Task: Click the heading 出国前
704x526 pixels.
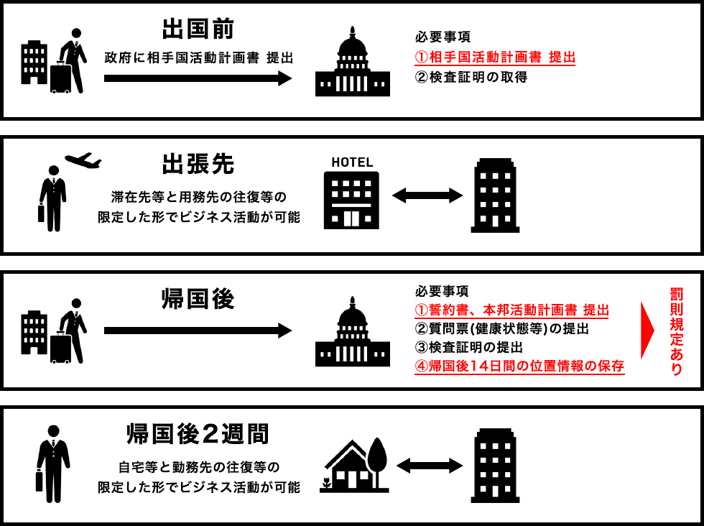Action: [198, 29]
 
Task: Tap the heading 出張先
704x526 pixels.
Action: [198, 164]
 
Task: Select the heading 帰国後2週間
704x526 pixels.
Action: [198, 434]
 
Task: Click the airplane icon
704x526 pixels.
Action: [83, 160]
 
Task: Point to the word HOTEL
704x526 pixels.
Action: [352, 162]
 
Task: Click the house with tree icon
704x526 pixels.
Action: [353, 466]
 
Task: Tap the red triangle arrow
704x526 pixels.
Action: [647, 330]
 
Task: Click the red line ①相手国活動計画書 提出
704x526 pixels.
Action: [495, 57]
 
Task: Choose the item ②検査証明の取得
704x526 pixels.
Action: [471, 78]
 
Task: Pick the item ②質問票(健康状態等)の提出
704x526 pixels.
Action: [501, 329]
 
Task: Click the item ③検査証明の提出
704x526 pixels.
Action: [468, 347]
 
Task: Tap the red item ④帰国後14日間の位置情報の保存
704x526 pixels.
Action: [519, 366]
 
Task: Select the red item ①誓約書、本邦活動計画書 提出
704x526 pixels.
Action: [511, 310]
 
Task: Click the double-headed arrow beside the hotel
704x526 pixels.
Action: [427, 195]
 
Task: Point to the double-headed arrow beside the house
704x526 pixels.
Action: [430, 466]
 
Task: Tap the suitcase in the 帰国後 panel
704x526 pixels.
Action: [60, 348]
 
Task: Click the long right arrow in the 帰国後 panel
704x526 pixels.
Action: [198, 331]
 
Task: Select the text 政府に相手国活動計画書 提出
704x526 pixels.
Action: [199, 58]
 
